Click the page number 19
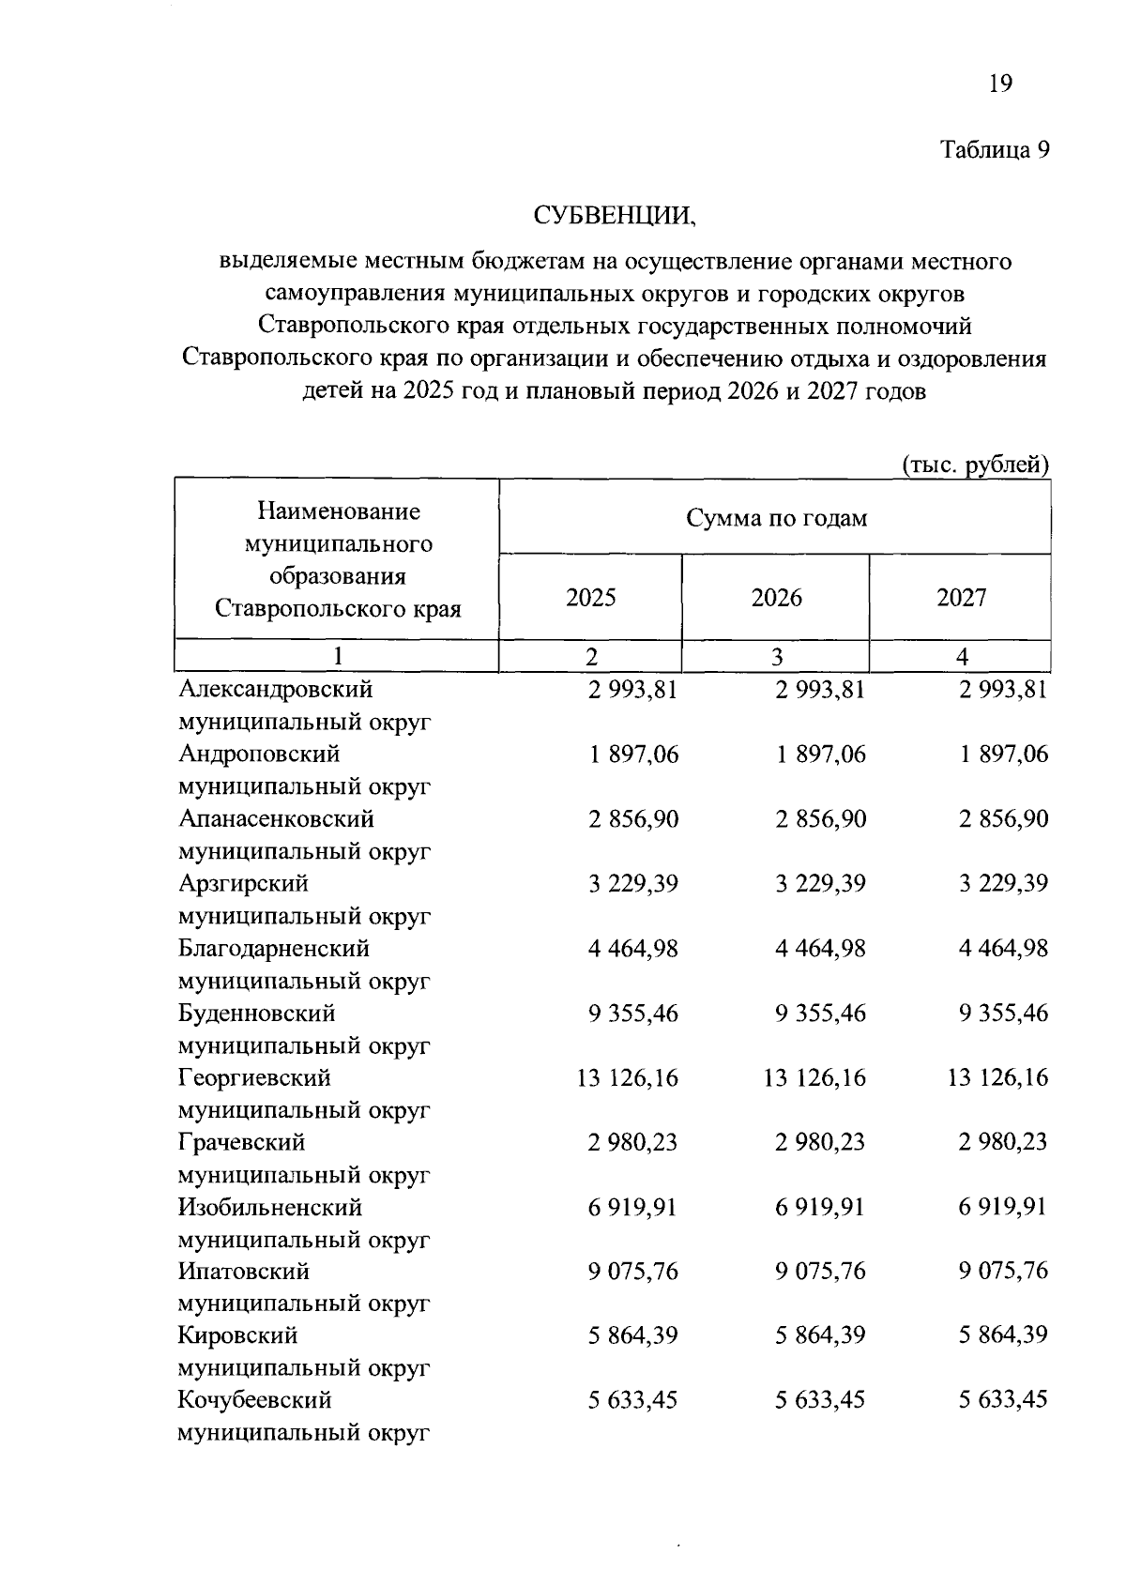pyautogui.click(x=1000, y=84)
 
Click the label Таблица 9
pyautogui.click(x=994, y=150)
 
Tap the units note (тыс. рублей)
pyautogui.click(x=974, y=465)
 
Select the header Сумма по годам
pyautogui.click(x=776, y=518)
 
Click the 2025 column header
pyautogui.click(x=591, y=598)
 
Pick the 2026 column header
pyautogui.click(x=776, y=598)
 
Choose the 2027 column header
pyautogui.click(x=961, y=598)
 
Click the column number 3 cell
pyautogui.click(x=776, y=657)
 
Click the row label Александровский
pyautogui.click(x=275, y=690)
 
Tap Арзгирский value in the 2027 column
pyautogui.click(x=1003, y=884)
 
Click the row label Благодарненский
pyautogui.click(x=273, y=949)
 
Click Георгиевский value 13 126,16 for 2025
pyautogui.click(x=627, y=1078)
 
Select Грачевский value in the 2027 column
pyautogui.click(x=1003, y=1143)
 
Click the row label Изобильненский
pyautogui.click(x=270, y=1207)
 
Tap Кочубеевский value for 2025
pyautogui.click(x=633, y=1400)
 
